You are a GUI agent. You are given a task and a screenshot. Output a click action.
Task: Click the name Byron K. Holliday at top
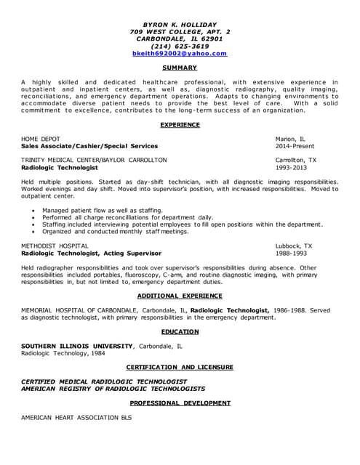[180, 24]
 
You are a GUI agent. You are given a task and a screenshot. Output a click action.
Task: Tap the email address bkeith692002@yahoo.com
[180, 53]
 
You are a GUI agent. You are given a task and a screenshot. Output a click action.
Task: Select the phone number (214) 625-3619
[180, 46]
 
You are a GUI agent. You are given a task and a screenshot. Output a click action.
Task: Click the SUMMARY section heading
[180, 67]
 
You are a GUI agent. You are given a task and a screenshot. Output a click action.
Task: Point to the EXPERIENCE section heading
[180, 124]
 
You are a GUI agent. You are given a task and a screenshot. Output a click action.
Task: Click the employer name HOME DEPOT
[41, 138]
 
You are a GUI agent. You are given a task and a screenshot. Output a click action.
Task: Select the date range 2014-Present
[295, 145]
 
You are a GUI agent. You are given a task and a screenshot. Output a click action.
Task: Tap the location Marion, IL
[290, 138]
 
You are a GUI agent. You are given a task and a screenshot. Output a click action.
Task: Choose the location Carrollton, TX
[296, 160]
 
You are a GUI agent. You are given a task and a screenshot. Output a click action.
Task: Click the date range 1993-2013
[292, 167]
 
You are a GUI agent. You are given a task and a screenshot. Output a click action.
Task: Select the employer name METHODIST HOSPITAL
[54, 246]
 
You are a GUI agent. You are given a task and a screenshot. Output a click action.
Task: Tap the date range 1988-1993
[292, 254]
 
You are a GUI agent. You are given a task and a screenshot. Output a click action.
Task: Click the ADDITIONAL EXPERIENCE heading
[180, 296]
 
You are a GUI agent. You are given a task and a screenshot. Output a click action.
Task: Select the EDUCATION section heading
[180, 331]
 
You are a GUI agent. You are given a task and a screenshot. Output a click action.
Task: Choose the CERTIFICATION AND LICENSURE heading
[180, 367]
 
